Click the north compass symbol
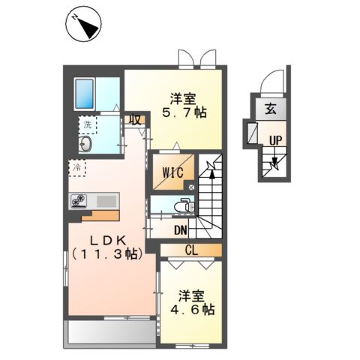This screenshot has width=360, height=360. click(x=83, y=27)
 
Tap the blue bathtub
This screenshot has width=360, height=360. click(x=85, y=94)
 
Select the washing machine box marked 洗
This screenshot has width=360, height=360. click(x=88, y=124)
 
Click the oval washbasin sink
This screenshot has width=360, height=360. click(x=85, y=144)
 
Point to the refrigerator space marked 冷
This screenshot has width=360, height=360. click(x=77, y=168)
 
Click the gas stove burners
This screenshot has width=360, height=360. click(x=79, y=201)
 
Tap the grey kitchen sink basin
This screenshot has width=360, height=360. click(x=106, y=201)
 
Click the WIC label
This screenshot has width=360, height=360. click(x=172, y=172)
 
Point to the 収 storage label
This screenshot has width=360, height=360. click(x=135, y=120)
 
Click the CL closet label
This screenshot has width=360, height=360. click(x=191, y=250)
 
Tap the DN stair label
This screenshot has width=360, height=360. click(x=181, y=230)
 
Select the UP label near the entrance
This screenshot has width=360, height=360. click(x=275, y=141)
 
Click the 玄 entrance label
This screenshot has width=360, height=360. click(x=271, y=109)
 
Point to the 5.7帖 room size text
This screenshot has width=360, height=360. click(x=184, y=113)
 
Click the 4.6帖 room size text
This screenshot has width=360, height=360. click(x=193, y=310)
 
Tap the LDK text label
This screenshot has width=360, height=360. click(x=108, y=241)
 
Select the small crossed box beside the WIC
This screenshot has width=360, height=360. click(x=191, y=187)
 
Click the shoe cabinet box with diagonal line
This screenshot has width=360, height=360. click(x=252, y=133)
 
